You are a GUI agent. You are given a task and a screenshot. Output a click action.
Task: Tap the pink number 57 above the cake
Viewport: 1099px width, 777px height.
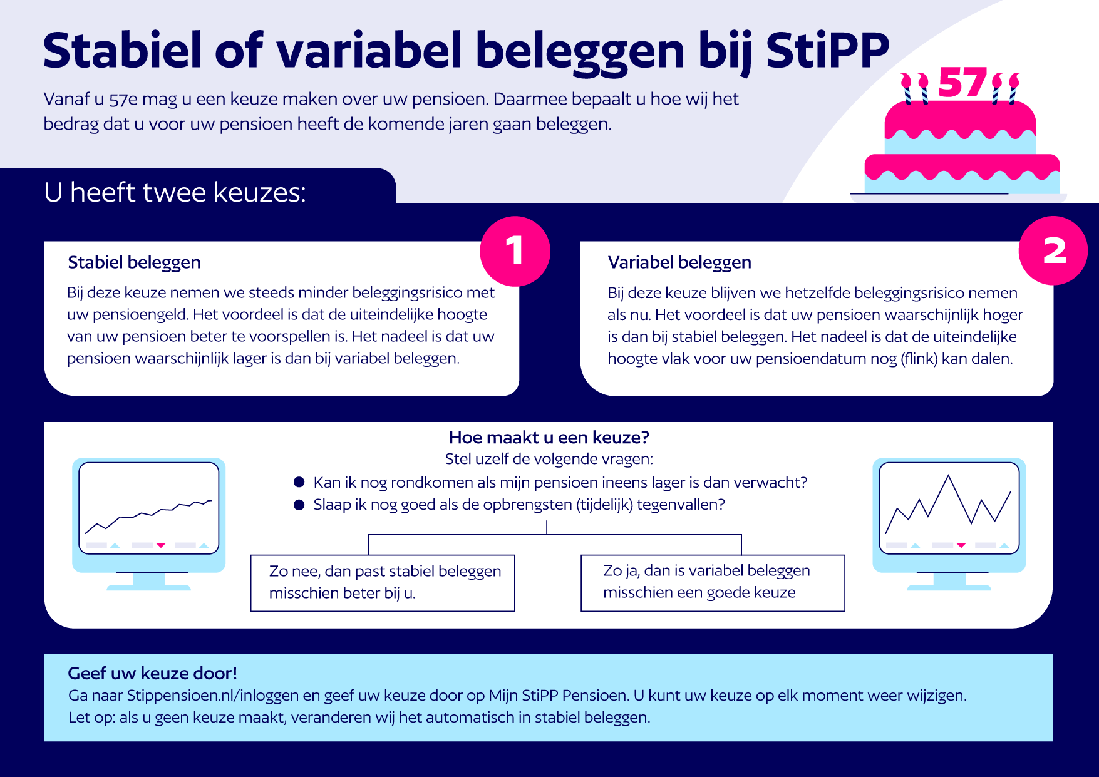click(962, 83)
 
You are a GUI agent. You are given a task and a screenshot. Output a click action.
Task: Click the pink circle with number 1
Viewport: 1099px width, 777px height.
click(515, 251)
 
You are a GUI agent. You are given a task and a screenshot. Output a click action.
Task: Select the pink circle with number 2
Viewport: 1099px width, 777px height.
click(1054, 251)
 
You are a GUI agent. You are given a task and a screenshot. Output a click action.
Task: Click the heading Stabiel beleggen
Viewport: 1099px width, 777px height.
click(134, 262)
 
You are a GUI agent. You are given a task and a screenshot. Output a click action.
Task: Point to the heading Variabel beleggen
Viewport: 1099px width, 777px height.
click(679, 262)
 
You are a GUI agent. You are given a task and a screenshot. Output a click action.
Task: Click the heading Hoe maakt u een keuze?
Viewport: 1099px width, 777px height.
click(549, 437)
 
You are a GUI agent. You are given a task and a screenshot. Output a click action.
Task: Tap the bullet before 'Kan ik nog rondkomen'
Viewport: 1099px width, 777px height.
click(299, 482)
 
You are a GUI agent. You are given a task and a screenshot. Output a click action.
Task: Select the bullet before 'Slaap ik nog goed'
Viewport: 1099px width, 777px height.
click(299, 505)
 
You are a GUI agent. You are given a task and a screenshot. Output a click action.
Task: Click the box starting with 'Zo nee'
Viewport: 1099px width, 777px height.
click(383, 582)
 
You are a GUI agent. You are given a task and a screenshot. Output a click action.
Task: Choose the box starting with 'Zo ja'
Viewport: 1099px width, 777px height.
click(713, 582)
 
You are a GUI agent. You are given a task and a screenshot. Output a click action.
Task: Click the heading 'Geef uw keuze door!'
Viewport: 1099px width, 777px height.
click(153, 673)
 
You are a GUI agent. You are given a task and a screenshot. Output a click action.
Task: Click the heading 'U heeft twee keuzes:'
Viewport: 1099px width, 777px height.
click(175, 192)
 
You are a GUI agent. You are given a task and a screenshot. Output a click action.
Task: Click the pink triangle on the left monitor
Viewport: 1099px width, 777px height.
click(161, 545)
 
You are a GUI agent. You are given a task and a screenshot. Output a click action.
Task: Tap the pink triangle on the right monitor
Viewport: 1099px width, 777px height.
click(961, 545)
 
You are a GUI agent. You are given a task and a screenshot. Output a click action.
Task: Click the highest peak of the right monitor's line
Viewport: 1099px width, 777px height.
click(949, 476)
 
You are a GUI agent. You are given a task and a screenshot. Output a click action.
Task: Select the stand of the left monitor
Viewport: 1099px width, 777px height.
click(149, 582)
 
